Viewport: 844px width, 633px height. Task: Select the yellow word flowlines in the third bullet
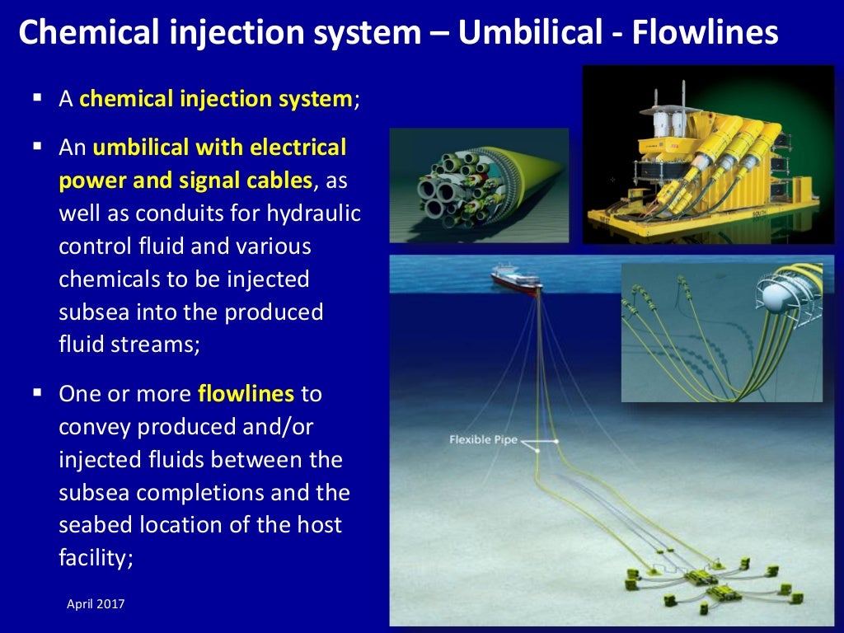(x=246, y=393)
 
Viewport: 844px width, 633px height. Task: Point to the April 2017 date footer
(x=96, y=604)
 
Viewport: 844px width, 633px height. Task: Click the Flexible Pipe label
(x=483, y=439)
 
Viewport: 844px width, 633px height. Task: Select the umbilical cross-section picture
(x=478, y=185)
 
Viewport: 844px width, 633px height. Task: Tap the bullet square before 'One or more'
(x=37, y=392)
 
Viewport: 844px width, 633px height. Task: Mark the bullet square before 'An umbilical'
(x=37, y=147)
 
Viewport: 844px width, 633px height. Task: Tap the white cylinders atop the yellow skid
(x=672, y=124)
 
